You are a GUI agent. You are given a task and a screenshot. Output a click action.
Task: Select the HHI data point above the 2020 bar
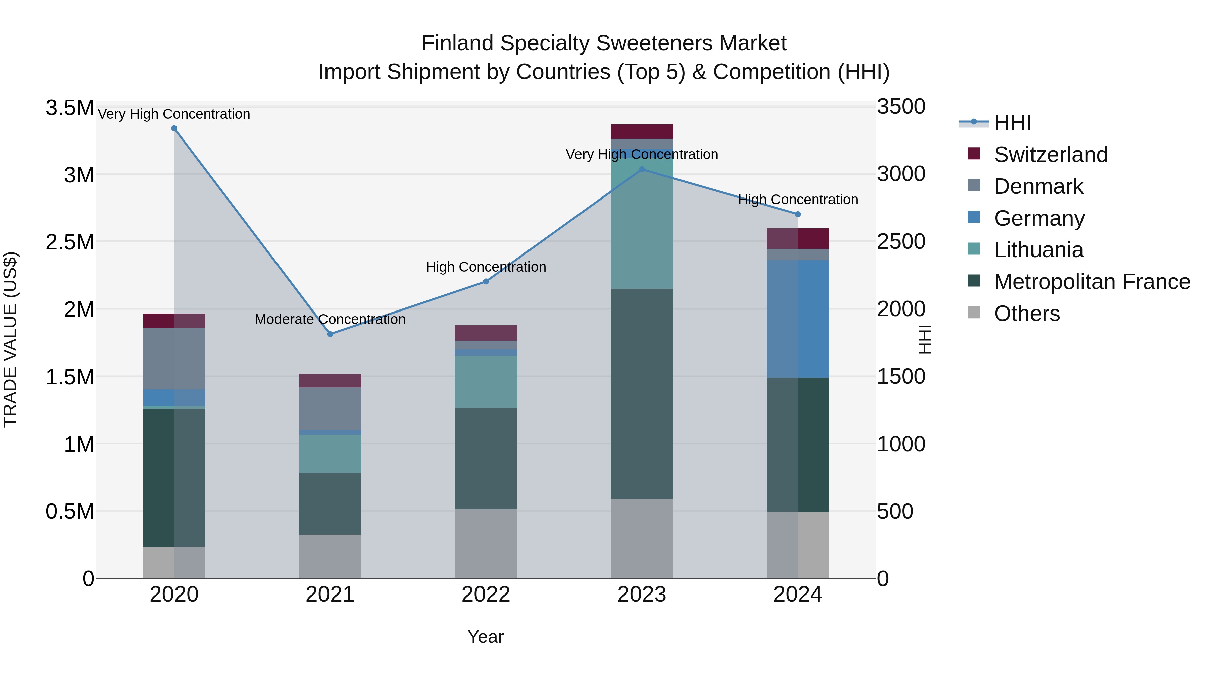tap(174, 128)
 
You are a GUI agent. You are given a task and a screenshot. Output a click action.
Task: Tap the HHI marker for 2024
tap(798, 214)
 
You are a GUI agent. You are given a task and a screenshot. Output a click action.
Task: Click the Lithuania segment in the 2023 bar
tap(642, 220)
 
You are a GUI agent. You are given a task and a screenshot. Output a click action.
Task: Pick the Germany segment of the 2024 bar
tap(798, 319)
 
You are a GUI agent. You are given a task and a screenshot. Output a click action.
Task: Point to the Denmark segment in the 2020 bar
tap(174, 358)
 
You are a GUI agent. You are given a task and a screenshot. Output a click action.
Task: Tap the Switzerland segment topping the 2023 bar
tap(642, 131)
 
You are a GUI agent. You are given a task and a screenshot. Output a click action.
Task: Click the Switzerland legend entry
tap(1050, 155)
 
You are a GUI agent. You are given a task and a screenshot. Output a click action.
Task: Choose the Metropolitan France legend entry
tap(1092, 282)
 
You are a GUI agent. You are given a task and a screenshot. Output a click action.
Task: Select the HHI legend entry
tap(1012, 123)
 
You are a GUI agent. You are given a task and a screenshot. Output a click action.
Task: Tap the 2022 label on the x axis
tap(486, 595)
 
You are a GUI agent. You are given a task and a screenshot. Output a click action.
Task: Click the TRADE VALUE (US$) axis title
tap(10, 339)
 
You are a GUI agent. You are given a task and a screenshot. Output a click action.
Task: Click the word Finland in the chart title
tap(457, 43)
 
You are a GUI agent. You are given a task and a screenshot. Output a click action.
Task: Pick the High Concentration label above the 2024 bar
tap(798, 200)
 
